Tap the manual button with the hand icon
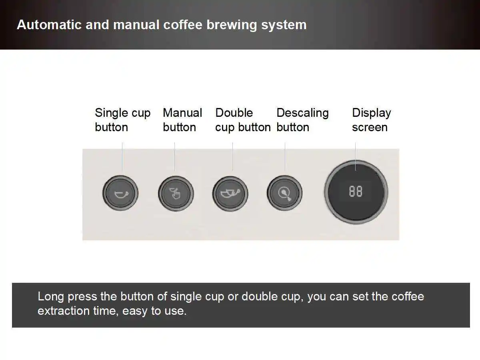tap(176, 194)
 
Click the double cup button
tap(230, 194)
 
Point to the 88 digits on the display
tap(356, 192)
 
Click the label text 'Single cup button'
tap(122, 120)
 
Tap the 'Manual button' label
tap(182, 120)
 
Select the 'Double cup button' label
tap(243, 120)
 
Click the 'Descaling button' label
tap(302, 120)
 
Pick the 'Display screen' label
tap(371, 120)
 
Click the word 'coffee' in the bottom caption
tap(408, 296)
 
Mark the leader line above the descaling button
tap(285, 157)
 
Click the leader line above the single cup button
tap(122, 157)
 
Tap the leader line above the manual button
tap(174, 157)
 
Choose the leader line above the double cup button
tap(232, 157)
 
